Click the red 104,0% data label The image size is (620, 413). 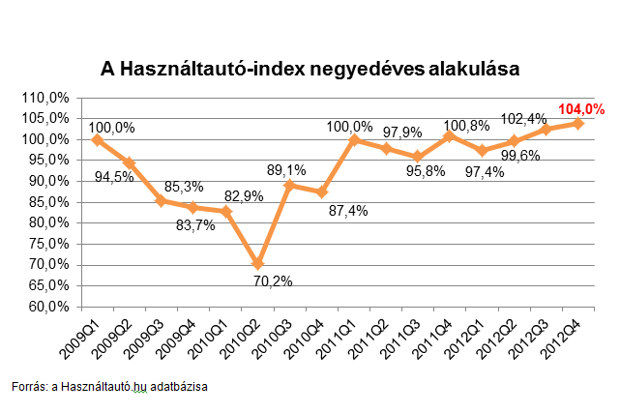(581, 109)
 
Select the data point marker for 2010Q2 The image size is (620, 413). (258, 263)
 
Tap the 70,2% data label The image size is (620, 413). (274, 281)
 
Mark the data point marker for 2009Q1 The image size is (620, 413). (97, 139)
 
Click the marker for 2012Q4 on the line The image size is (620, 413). (578, 123)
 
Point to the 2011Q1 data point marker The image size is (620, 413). (354, 139)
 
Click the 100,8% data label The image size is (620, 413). (464, 124)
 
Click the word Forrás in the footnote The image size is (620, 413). (28, 387)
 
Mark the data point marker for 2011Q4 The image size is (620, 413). (450, 136)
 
